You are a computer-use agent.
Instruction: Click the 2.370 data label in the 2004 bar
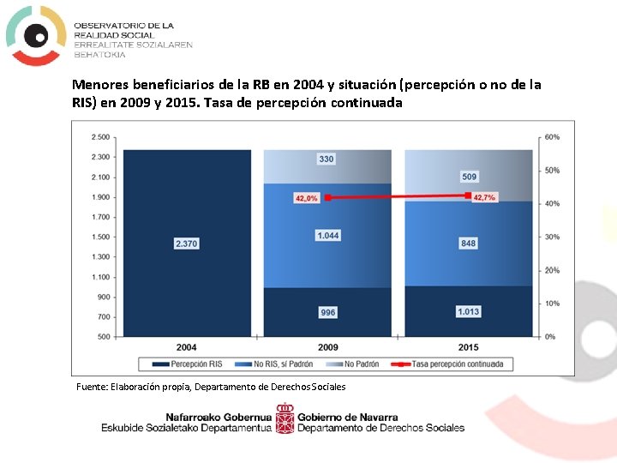[186, 244]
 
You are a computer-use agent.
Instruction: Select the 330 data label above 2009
[326, 159]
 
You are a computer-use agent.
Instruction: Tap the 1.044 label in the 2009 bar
[327, 236]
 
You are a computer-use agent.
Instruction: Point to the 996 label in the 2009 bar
[327, 313]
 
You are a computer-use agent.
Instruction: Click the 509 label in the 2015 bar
[469, 177]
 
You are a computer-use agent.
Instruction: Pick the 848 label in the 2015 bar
[469, 244]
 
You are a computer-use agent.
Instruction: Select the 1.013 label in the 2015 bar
[468, 311]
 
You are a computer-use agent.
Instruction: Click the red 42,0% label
[306, 198]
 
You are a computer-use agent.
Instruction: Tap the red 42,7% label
[484, 197]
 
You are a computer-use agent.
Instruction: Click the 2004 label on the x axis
[186, 348]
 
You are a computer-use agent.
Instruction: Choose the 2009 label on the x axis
[327, 348]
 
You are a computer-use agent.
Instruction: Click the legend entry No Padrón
[354, 364]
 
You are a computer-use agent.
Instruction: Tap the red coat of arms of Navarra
[285, 418]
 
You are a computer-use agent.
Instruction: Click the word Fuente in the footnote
[93, 387]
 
